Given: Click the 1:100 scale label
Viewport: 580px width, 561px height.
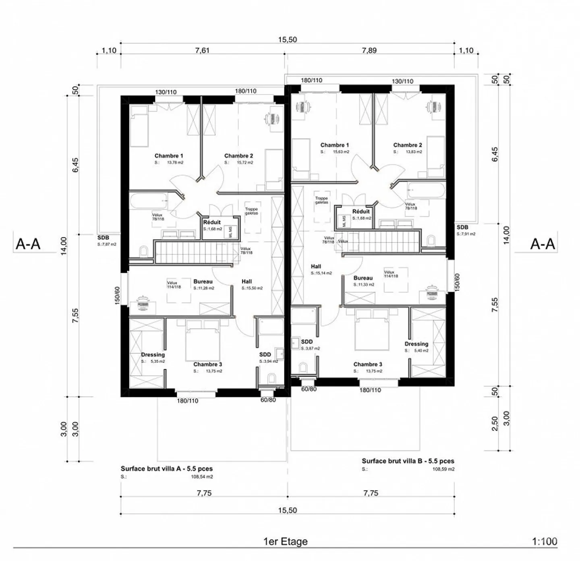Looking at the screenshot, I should point(545,541).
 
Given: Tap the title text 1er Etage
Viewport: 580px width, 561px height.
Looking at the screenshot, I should point(285,541).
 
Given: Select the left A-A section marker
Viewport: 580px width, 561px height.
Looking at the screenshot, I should point(28,244).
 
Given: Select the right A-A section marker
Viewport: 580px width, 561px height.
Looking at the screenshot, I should point(542,244).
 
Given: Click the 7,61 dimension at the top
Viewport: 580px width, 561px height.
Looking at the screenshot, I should point(202,50).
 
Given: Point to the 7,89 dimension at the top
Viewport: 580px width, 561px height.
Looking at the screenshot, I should point(369,50).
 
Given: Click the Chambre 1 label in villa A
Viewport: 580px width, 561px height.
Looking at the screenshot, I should point(169,156).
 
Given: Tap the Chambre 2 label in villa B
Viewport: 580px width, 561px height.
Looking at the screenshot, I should point(408,145).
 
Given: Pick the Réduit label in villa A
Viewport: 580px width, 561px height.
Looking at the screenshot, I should point(212,222).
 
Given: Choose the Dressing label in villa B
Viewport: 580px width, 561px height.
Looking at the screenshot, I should point(416,344).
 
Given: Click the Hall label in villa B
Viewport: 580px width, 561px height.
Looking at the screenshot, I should point(316,266).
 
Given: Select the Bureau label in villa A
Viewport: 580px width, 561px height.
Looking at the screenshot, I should point(203,282).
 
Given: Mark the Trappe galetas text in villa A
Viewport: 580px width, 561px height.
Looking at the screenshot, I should point(251,211).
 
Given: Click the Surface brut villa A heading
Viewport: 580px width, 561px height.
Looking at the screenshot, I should point(167,469).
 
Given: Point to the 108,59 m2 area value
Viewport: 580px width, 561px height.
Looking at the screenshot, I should point(443,469).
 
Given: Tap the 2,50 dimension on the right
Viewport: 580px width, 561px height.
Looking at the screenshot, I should point(495,423).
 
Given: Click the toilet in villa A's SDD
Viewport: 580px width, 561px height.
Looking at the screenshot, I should point(271,378).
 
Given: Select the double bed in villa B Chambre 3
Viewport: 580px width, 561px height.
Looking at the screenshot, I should point(372,332).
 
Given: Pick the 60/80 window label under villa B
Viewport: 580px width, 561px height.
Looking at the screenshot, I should point(309,389).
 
